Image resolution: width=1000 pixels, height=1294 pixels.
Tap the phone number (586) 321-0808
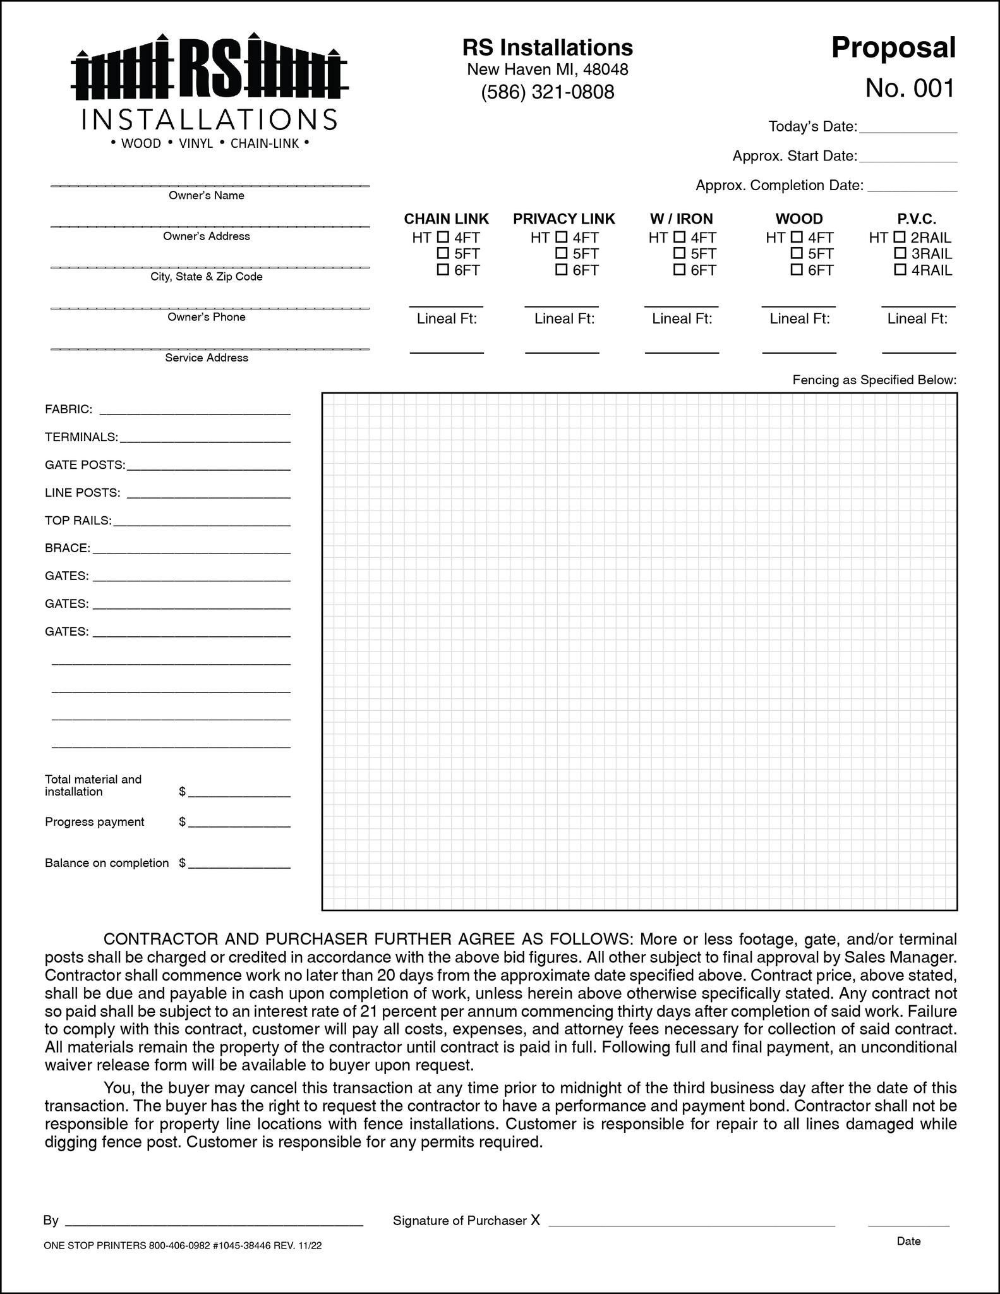547,92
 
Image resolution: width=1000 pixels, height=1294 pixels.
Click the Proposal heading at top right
893,47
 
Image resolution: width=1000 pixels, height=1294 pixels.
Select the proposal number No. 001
910,88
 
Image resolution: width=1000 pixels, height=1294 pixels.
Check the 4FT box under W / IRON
679,238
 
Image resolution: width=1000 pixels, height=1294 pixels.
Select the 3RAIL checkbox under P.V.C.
900,254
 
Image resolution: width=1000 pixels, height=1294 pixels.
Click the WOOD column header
799,219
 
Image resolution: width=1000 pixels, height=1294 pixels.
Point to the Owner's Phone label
207,317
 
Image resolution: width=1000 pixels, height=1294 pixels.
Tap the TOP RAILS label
78,521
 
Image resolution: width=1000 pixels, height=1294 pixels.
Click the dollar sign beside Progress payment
182,821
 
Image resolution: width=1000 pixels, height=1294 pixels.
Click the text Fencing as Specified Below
874,380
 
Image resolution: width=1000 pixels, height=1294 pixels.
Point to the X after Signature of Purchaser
535,1220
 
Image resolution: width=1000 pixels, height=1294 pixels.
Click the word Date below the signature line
908,1241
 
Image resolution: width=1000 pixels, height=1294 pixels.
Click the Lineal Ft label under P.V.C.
917,318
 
